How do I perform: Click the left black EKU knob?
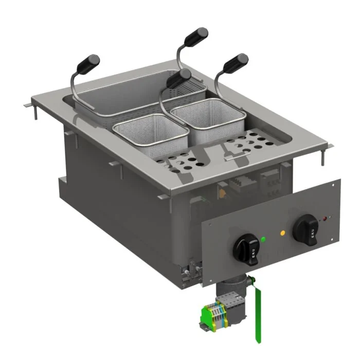pos(245,249)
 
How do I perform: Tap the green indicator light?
pos(263,239)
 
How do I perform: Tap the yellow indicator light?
pos(282,232)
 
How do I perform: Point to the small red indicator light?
pos(325,219)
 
